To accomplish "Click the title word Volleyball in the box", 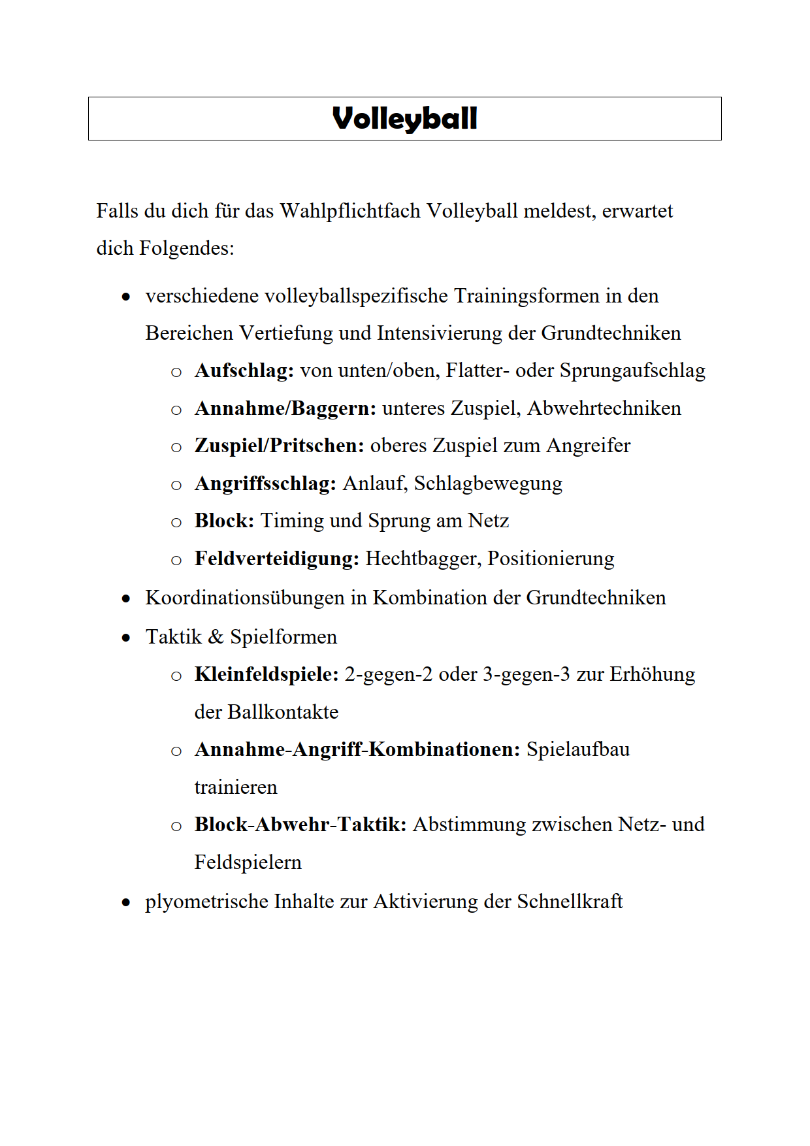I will (x=404, y=119).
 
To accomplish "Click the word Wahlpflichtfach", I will (x=349, y=211).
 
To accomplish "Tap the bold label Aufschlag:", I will (x=244, y=370).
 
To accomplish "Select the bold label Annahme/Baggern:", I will (x=285, y=408).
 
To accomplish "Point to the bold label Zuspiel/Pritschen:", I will (x=279, y=446).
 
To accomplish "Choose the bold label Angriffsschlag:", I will (x=265, y=483).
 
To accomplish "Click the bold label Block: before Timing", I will (x=224, y=521).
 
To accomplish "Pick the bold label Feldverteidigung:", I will (x=276, y=559).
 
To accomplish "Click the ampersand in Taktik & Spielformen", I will (x=216, y=637).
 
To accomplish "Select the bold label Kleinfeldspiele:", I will (x=267, y=674).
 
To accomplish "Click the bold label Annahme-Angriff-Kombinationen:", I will (x=357, y=749).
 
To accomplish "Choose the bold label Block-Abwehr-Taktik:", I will (x=300, y=825).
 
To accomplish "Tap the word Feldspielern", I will (x=248, y=862).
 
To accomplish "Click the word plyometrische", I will (x=206, y=902).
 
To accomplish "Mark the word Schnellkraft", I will (x=570, y=902).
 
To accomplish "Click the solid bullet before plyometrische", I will (x=126, y=903).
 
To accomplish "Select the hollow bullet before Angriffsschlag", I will (x=176, y=485).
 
